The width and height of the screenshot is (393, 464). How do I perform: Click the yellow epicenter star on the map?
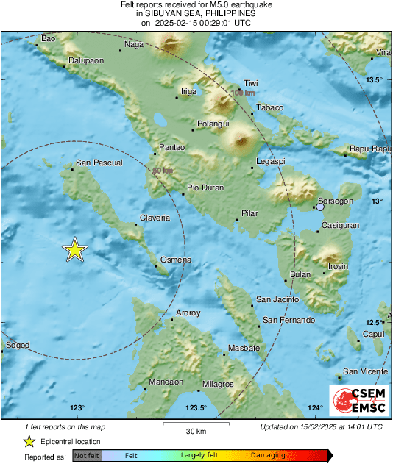click(74, 250)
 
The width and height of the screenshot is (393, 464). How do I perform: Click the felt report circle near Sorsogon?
click(320, 208)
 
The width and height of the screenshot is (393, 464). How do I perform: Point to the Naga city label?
click(134, 44)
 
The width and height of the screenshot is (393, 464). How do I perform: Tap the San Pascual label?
click(98, 163)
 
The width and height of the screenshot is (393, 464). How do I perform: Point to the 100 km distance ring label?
click(243, 93)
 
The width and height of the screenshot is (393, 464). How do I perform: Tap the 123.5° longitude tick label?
click(196, 408)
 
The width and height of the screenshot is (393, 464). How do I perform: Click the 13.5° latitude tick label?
click(377, 79)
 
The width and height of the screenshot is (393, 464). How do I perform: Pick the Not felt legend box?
click(85, 455)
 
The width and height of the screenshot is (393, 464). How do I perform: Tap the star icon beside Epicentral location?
click(29, 441)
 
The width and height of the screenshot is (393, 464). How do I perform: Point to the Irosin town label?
click(338, 266)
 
